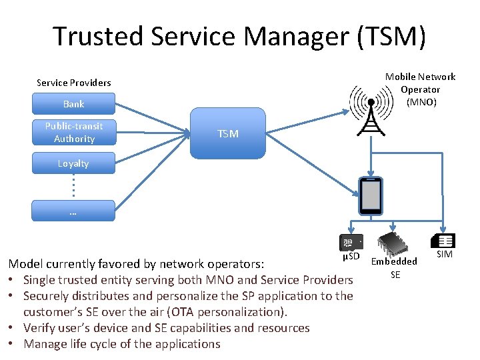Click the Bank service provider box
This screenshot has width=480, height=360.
[x=73, y=104]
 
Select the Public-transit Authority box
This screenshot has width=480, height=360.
[x=73, y=132]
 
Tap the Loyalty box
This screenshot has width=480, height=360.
[x=73, y=163]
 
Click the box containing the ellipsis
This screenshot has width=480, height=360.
[x=73, y=212]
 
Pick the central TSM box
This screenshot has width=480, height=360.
[x=228, y=134]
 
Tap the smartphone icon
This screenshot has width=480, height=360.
[x=370, y=196]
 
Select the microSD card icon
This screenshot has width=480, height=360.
[x=351, y=242]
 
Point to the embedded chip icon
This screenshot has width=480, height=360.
[x=394, y=243]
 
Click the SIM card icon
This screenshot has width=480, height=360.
[x=443, y=241]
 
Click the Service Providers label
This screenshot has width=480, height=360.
[x=73, y=83]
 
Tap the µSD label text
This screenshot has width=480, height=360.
[x=351, y=256]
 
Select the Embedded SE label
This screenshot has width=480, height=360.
[x=395, y=267]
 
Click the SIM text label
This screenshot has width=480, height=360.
[x=444, y=254]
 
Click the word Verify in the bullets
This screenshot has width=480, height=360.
[x=39, y=328]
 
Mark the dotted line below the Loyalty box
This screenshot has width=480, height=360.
[x=73, y=186]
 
